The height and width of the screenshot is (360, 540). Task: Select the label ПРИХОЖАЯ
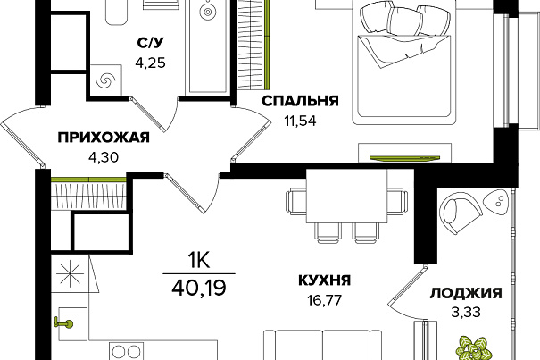point(103,138)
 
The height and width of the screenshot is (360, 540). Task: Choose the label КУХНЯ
point(323,279)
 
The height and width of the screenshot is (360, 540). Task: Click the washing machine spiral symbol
point(105,80)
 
